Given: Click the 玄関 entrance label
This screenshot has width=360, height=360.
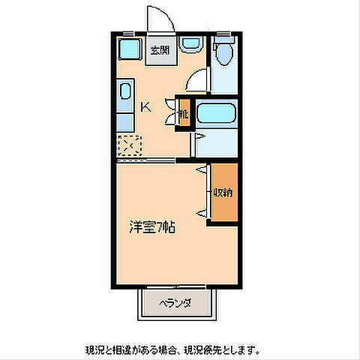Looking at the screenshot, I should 157,51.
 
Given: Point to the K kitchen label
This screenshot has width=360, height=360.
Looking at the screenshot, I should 146,106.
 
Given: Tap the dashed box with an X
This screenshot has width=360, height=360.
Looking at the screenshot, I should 129,143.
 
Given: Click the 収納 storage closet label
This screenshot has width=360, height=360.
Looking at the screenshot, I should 223,192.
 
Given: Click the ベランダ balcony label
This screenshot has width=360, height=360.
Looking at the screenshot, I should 175,303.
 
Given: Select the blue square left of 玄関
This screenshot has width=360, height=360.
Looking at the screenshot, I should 130,50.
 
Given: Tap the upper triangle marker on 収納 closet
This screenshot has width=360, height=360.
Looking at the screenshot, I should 202,172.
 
